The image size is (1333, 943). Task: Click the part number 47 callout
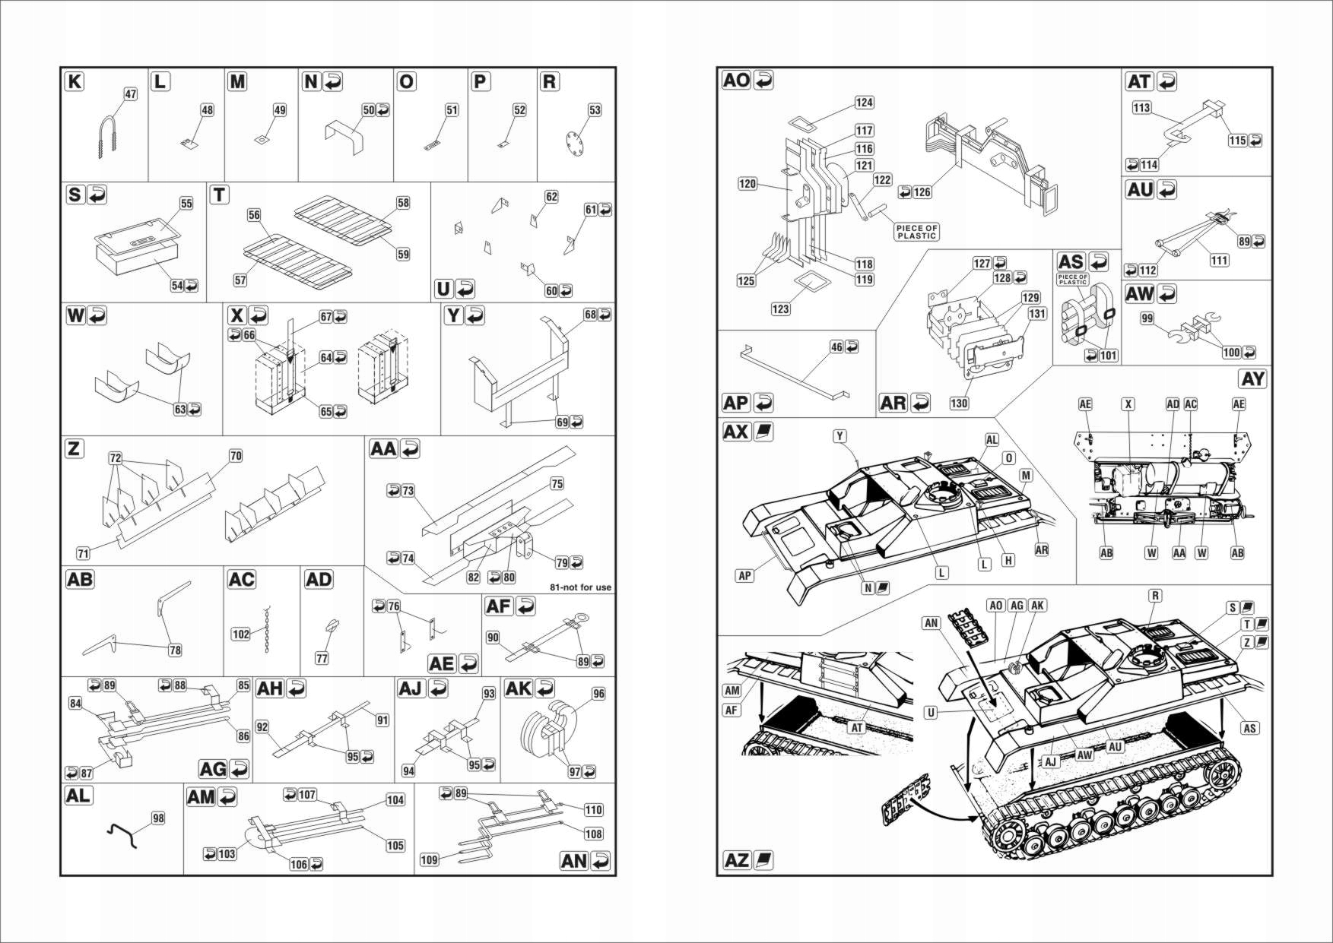(x=130, y=94)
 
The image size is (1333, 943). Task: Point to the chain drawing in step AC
(x=267, y=630)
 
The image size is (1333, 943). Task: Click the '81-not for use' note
(x=580, y=587)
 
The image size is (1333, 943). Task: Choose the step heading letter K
(x=75, y=81)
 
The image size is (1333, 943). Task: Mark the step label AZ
(x=737, y=860)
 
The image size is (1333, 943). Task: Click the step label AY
(x=1252, y=379)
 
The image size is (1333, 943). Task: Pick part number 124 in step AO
(x=864, y=103)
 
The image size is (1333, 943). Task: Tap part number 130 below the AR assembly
(x=959, y=403)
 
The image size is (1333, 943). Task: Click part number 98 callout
(x=157, y=818)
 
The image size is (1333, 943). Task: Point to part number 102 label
(x=240, y=634)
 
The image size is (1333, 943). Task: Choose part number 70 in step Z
(x=236, y=456)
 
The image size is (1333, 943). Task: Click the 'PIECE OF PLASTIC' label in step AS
(x=1072, y=280)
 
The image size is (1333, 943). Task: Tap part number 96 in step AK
(x=598, y=694)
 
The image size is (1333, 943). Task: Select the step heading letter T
(x=219, y=195)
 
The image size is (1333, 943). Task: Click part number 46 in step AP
(x=836, y=347)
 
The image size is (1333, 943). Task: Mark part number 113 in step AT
(x=1141, y=108)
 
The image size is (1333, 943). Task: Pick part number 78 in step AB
(x=175, y=650)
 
